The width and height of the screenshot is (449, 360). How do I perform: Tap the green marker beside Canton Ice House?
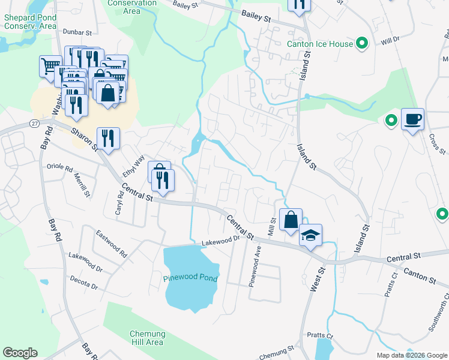[x=361, y=43]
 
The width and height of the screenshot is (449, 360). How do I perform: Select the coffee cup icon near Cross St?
[x=412, y=119]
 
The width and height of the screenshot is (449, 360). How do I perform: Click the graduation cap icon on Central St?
[x=310, y=235]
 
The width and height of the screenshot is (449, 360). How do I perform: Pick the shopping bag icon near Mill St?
[x=291, y=220]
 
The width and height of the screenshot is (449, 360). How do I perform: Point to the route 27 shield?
[x=34, y=123]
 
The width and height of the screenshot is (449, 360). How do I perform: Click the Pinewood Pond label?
[x=189, y=278]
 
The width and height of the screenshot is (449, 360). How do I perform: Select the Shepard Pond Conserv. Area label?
[x=30, y=22]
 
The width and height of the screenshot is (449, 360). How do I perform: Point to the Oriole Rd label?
[x=59, y=166]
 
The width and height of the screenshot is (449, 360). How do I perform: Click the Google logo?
[x=20, y=353]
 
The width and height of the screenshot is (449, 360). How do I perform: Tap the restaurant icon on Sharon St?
[x=108, y=137]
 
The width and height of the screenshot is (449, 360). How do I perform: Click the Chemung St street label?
[x=277, y=352]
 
